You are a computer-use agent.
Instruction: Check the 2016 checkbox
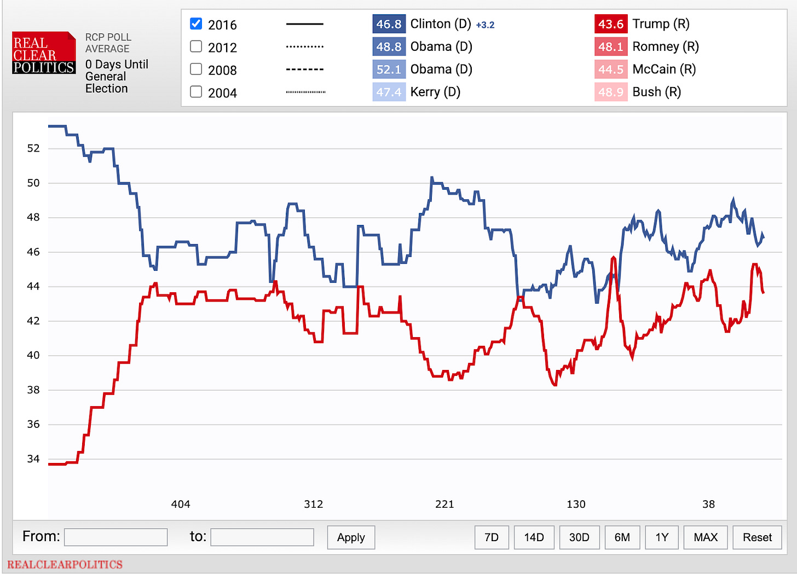(x=196, y=24)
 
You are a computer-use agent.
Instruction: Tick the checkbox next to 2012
(x=196, y=47)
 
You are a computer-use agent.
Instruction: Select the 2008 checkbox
(x=196, y=69)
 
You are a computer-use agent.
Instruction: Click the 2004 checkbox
(x=196, y=92)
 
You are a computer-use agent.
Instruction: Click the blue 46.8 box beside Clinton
(x=389, y=24)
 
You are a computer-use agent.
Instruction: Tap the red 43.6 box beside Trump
(x=610, y=24)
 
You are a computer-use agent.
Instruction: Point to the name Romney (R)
(x=666, y=47)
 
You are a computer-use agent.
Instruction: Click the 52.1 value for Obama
(x=389, y=69)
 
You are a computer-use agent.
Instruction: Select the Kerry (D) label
(x=435, y=92)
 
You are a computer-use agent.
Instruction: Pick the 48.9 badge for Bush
(x=610, y=92)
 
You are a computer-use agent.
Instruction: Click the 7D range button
(x=492, y=537)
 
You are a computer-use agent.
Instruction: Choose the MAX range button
(x=706, y=537)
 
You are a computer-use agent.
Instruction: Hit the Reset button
(x=757, y=537)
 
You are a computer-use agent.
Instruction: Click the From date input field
(x=115, y=537)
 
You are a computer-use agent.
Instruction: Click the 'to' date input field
(x=262, y=537)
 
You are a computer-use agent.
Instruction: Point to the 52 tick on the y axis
(x=33, y=148)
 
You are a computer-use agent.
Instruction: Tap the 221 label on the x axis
(x=444, y=504)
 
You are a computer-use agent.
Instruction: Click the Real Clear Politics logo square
(x=44, y=53)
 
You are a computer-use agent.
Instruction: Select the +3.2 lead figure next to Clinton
(x=485, y=25)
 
